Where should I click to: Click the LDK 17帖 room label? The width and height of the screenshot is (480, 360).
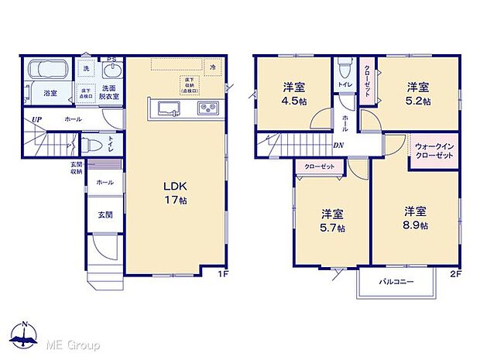tap(175, 193)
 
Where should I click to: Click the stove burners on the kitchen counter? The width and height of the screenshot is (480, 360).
tap(208, 108)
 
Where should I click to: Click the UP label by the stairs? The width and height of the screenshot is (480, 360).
tap(36, 119)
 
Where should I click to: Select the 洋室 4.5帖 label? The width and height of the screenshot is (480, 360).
tap(293, 93)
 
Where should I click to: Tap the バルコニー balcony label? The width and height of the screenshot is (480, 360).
tap(396, 282)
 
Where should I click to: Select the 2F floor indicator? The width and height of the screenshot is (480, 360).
tap(456, 274)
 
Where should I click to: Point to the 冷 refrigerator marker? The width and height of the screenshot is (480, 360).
tap(212, 67)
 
